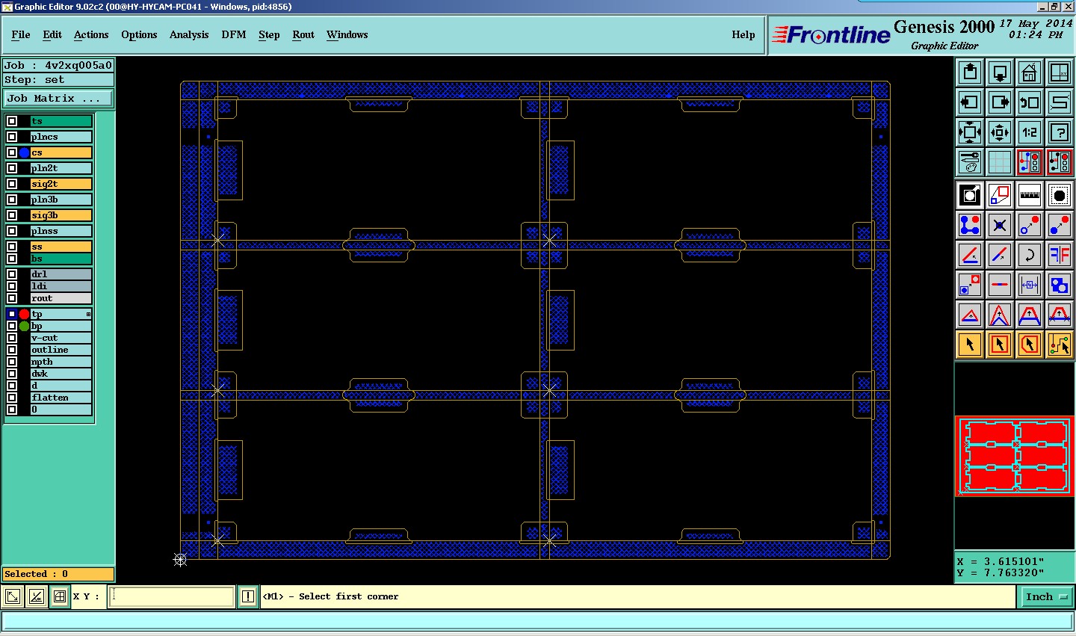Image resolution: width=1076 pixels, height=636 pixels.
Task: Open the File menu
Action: (x=21, y=34)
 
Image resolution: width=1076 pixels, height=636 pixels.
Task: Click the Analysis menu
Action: (x=189, y=34)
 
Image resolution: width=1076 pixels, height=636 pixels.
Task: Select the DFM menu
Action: (x=233, y=34)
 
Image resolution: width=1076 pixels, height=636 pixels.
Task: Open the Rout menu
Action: (x=303, y=34)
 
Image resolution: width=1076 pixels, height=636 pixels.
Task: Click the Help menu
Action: (x=743, y=34)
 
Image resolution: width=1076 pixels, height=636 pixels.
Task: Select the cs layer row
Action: (x=61, y=152)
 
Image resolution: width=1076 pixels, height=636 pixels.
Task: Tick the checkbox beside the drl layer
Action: (x=12, y=274)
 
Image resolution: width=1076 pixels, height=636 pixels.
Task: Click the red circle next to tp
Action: (x=24, y=314)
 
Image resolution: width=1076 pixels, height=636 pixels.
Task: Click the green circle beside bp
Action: (x=24, y=326)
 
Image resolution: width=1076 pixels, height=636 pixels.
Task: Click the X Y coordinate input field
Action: (x=172, y=596)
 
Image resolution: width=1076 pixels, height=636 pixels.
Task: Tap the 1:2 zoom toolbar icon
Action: (x=1030, y=132)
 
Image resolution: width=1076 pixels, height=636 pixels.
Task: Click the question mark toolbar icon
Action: (x=1060, y=132)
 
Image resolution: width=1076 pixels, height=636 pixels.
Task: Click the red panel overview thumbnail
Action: (x=1015, y=456)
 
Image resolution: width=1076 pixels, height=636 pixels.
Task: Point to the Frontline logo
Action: (x=831, y=34)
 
